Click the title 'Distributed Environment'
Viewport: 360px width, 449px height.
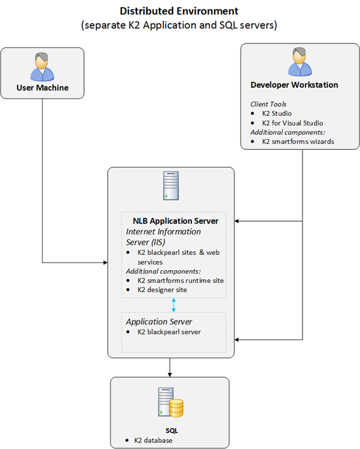(x=179, y=11)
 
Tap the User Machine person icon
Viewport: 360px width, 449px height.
(x=43, y=67)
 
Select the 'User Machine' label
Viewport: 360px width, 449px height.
(x=43, y=88)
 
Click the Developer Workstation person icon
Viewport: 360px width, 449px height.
(x=300, y=62)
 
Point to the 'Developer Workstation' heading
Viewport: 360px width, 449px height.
(x=294, y=85)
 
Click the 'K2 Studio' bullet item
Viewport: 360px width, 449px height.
(x=277, y=114)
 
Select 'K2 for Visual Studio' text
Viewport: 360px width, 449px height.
(x=292, y=123)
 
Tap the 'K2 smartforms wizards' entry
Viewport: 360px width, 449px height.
(x=298, y=141)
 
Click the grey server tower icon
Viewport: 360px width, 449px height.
(x=171, y=185)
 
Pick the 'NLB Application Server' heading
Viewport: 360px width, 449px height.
(x=175, y=221)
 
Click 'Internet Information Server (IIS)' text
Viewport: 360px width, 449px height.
(x=164, y=237)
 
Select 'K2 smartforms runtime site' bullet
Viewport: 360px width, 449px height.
(x=180, y=280)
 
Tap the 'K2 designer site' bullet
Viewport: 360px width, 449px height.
(x=162, y=290)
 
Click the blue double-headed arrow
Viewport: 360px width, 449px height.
(x=174, y=305)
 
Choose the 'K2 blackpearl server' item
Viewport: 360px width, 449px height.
(x=169, y=332)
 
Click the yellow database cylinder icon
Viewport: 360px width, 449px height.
(x=176, y=408)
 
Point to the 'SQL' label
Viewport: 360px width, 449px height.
(x=171, y=431)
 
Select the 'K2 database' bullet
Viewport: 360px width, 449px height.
(x=153, y=440)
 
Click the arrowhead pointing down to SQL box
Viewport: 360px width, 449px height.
(x=170, y=375)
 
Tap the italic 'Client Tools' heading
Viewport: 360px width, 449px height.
(x=268, y=104)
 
